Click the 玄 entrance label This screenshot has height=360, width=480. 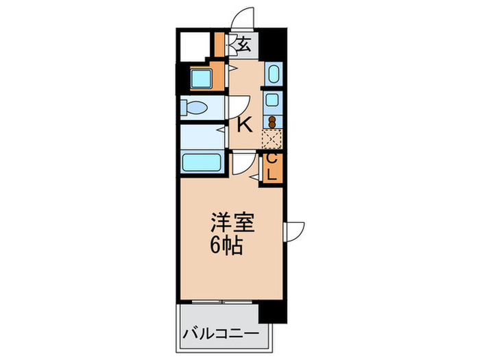coord(243,45)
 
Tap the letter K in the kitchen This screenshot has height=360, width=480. coord(244,125)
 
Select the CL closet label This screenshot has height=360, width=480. coord(272,167)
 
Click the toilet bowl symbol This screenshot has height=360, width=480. coord(194,108)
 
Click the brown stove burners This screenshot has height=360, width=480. coord(272,123)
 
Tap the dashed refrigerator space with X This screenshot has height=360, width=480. coord(272,140)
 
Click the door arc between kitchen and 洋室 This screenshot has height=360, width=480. coord(241,163)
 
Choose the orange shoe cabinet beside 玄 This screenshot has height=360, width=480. coord(220,45)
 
